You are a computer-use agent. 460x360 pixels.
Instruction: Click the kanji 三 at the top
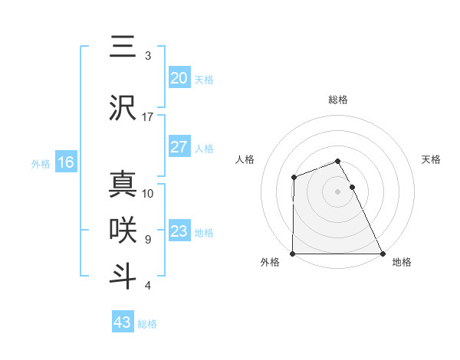[123, 47]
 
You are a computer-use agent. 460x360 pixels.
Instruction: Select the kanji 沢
[123, 107]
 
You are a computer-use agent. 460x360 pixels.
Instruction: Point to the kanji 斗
[123, 275]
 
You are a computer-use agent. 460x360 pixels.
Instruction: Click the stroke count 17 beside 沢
[148, 117]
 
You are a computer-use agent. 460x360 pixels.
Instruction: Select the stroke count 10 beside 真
[148, 193]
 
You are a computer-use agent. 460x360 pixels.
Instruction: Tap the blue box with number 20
[179, 77]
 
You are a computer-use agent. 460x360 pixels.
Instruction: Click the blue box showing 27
[179, 147]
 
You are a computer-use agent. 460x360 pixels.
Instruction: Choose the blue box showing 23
[179, 231]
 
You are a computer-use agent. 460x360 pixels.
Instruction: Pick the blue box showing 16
[65, 162]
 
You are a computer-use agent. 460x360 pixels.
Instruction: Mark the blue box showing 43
[123, 322]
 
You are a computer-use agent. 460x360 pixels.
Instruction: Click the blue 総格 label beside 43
[147, 324]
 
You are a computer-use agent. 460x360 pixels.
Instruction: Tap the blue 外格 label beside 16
[41, 163]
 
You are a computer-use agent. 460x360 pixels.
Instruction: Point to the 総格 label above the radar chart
[338, 100]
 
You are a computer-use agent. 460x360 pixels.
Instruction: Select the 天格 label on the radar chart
[432, 159]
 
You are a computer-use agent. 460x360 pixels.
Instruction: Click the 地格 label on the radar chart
[402, 262]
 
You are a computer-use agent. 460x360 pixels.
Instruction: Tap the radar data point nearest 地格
[383, 254]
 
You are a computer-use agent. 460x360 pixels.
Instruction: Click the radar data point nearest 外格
[293, 254]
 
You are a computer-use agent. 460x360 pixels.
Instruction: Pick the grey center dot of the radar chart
[338, 191]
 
